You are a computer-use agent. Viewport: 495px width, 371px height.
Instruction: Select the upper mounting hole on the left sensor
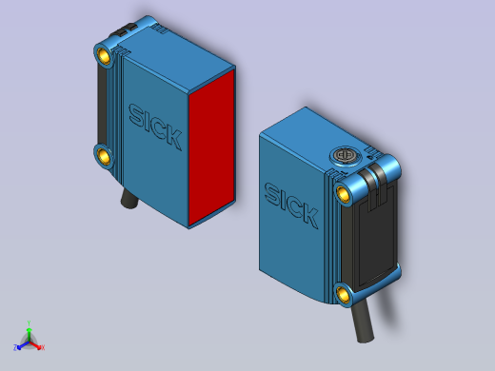104,56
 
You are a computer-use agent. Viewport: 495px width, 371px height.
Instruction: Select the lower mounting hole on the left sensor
103,154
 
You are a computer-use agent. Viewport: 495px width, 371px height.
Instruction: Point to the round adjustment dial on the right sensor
342,154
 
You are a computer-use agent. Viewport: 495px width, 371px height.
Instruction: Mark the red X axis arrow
40,346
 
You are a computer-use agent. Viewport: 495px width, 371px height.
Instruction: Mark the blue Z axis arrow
18,347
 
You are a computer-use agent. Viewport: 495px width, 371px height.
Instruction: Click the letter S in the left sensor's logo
135,115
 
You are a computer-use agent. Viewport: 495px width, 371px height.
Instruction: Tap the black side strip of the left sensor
101,105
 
